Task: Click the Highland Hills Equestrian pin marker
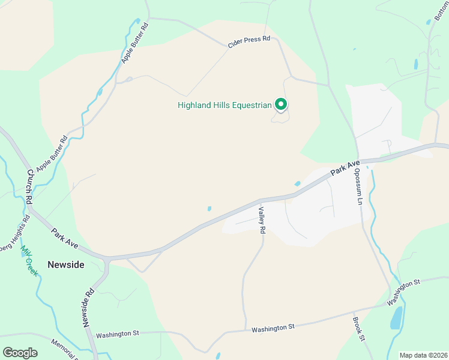(281, 105)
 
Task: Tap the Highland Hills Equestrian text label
(225, 106)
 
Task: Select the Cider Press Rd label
(249, 41)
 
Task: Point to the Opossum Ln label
(358, 185)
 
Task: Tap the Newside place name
(66, 264)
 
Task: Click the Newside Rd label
(88, 308)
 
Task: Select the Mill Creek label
(29, 260)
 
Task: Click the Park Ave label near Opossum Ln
(345, 168)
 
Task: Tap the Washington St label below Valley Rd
(273, 328)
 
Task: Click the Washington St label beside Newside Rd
(118, 333)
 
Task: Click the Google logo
(20, 353)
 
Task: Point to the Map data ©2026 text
(423, 355)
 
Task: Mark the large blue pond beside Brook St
(396, 318)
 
